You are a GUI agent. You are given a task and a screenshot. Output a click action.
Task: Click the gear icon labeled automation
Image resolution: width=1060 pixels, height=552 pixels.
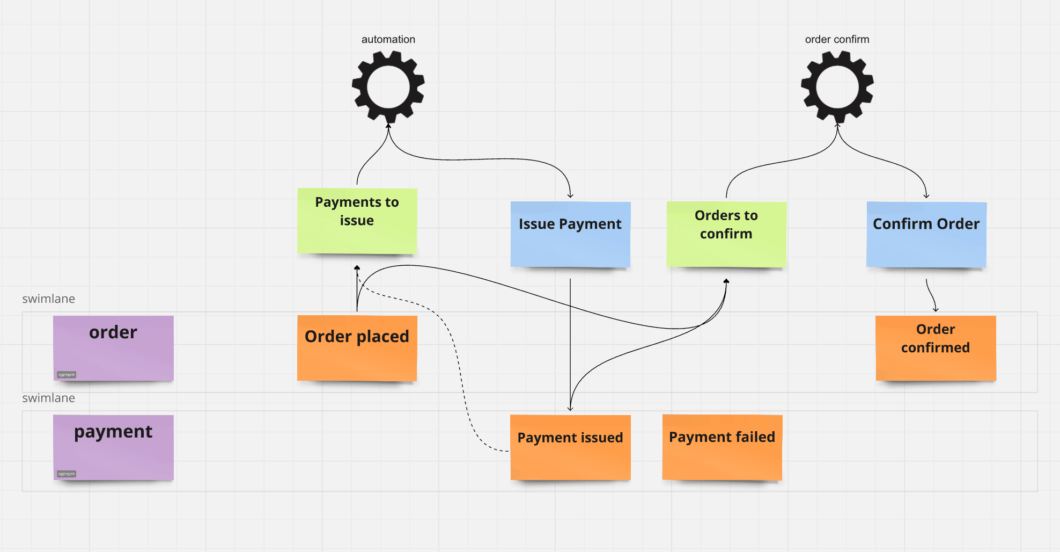click(x=388, y=86)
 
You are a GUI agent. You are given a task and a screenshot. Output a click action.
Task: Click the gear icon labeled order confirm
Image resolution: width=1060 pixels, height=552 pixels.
click(x=837, y=86)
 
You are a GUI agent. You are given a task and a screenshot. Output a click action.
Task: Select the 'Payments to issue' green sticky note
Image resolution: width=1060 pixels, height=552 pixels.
click(x=357, y=221)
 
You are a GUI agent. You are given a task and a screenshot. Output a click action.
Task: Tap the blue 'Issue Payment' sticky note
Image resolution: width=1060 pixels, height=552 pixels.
click(x=570, y=234)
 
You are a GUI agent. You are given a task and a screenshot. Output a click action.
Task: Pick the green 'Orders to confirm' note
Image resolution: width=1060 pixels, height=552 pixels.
click(x=726, y=234)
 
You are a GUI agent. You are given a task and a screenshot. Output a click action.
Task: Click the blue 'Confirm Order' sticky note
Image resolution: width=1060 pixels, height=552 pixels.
click(x=926, y=234)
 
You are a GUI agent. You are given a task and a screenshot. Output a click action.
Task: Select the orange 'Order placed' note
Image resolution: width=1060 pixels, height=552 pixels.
click(x=357, y=348)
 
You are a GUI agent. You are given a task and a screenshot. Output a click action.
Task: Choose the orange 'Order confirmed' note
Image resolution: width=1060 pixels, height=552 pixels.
click(x=936, y=348)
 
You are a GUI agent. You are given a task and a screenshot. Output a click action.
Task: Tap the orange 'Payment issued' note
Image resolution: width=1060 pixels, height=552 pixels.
click(x=570, y=447)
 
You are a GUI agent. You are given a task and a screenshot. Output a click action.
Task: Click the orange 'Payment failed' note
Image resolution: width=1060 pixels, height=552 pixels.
click(x=722, y=447)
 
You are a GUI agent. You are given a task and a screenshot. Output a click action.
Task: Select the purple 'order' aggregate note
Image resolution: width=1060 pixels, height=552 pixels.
click(x=113, y=348)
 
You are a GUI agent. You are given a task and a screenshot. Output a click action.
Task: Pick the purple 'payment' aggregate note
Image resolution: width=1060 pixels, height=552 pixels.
click(x=113, y=447)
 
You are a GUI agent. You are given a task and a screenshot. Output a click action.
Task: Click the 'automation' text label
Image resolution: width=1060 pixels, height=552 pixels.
click(x=388, y=39)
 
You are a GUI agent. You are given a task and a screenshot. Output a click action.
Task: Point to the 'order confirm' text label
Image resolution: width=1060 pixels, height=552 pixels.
click(x=837, y=39)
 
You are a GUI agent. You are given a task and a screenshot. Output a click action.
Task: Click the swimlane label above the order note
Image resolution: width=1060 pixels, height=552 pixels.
click(x=48, y=299)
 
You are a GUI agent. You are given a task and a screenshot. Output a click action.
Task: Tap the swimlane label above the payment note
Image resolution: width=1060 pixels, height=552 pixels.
click(x=48, y=398)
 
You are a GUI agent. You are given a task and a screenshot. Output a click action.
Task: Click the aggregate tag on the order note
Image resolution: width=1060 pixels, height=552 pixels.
click(x=67, y=375)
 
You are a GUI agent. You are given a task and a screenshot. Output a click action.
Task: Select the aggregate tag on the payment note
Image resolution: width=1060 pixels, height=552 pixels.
click(x=67, y=474)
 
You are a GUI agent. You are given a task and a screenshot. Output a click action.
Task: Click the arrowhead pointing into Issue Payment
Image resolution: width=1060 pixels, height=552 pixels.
click(x=570, y=196)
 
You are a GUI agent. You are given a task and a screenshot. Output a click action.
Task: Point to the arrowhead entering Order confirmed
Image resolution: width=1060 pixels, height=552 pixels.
click(x=936, y=309)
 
